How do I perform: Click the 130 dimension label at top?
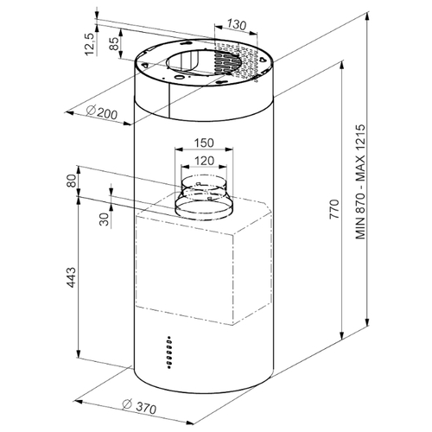coord(237,24)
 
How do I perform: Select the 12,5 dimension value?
coord(89,44)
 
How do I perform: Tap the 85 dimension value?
coord(114,44)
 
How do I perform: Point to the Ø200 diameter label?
coord(102,112)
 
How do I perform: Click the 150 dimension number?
coord(204,143)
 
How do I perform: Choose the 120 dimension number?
coord(204,161)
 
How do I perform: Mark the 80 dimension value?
coord(71,181)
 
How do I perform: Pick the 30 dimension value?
coord(105,219)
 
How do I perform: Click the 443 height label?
coord(71,277)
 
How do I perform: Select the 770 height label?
coord(334,208)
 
